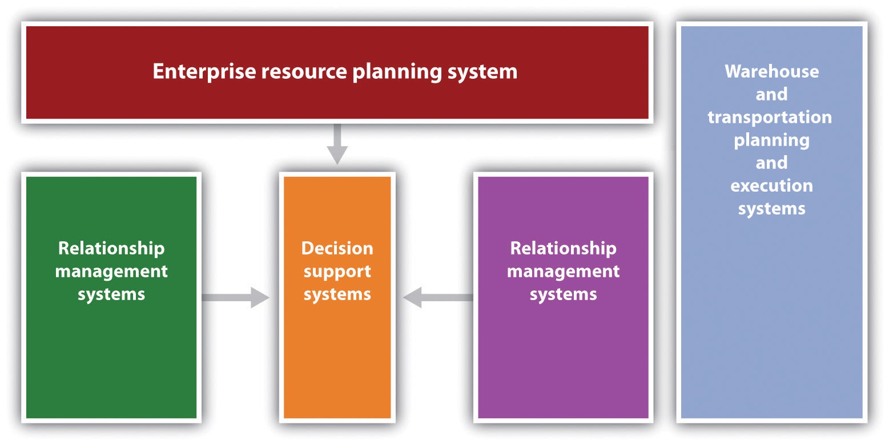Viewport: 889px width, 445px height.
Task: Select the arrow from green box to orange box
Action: pos(235,297)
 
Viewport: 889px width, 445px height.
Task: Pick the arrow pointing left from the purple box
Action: pos(438,297)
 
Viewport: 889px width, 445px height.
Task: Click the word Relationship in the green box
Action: pos(111,249)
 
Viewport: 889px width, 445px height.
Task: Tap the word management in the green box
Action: pos(111,272)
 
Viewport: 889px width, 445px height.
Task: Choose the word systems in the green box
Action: pos(111,294)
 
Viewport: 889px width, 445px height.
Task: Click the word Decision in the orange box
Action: pos(337,249)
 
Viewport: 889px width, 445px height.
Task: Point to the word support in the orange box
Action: pos(337,272)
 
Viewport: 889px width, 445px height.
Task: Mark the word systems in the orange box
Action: pos(337,294)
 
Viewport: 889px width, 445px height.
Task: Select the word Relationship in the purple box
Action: pos(563,249)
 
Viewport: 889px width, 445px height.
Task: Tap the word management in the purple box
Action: pos(563,272)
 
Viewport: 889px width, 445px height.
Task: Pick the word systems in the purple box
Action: pos(563,294)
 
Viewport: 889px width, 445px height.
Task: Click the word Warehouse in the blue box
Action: pos(771,71)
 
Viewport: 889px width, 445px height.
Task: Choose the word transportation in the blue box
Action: pos(770,117)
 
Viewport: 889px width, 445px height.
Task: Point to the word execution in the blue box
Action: pos(771,186)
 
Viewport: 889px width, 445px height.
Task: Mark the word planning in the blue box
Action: pos(771,140)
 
